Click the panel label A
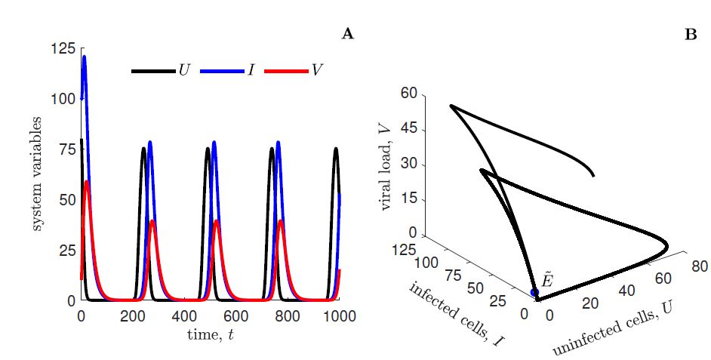pyautogui.click(x=348, y=33)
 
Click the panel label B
pyautogui.click(x=691, y=33)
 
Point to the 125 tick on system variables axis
pyautogui.click(x=64, y=49)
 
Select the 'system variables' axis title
pyautogui.click(x=37, y=174)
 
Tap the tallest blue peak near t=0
pyautogui.click(x=84, y=57)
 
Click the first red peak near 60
pyautogui.click(x=88, y=181)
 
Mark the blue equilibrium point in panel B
pyautogui.click(x=535, y=292)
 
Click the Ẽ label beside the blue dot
pyautogui.click(x=549, y=280)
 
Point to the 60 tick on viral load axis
pyautogui.click(x=408, y=94)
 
